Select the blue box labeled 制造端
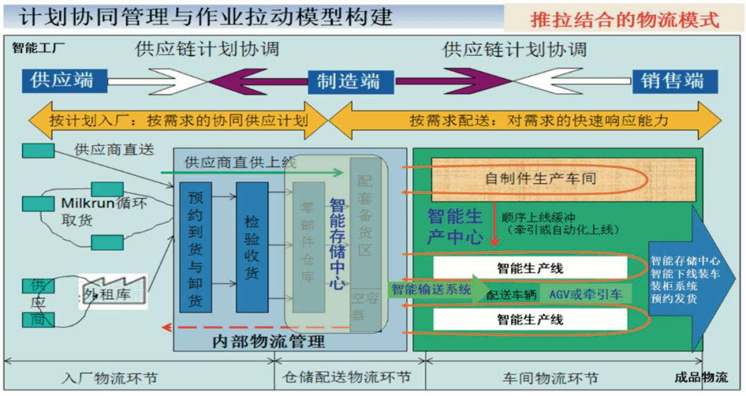[348, 81]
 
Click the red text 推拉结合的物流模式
[624, 19]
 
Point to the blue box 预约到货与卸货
[195, 247]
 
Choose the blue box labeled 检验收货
[251, 247]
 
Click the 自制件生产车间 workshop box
[539, 179]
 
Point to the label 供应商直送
[114, 149]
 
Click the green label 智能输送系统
[431, 290]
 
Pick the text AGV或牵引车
[586, 294]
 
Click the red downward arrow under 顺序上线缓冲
[494, 235]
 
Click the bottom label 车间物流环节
[550, 378]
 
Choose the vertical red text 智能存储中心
[337, 243]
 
